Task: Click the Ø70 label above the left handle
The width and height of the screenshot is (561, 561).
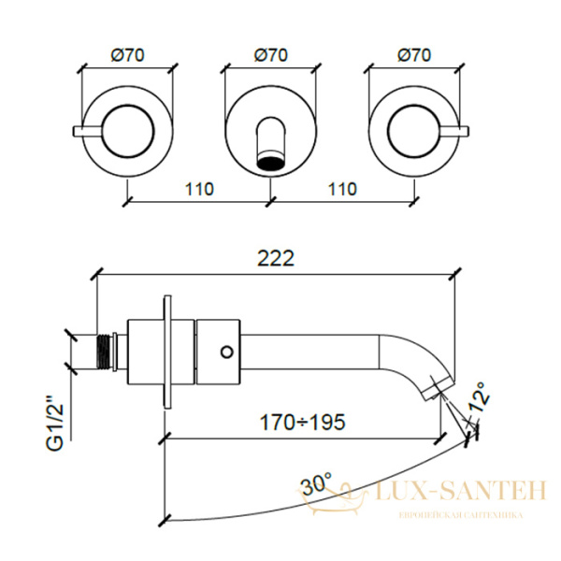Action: point(128,55)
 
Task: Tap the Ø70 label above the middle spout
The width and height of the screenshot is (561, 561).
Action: point(271,55)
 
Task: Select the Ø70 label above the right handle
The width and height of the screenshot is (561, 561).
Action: point(414,55)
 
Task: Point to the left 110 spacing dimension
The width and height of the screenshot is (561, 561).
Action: point(199,189)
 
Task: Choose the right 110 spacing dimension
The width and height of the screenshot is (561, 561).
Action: point(342,189)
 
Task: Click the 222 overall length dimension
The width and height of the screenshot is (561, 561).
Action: point(276,258)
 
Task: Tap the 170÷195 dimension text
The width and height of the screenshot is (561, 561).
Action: point(302,423)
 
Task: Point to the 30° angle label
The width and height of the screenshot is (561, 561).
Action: point(316,484)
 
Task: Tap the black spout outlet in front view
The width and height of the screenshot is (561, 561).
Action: point(271,162)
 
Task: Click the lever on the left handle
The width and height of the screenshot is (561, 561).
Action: point(88,131)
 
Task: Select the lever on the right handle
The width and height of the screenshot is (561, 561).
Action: point(453,131)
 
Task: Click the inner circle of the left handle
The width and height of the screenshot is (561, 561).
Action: point(128,131)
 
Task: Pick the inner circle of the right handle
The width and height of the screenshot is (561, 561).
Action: point(414,131)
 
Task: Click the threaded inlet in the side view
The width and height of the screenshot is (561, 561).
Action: point(105,352)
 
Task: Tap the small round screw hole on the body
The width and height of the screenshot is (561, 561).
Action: point(227,352)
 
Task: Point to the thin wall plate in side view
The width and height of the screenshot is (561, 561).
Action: point(167,352)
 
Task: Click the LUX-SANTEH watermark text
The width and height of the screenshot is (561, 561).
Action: point(462,491)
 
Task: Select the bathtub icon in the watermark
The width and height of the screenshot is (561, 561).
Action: point(334,499)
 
